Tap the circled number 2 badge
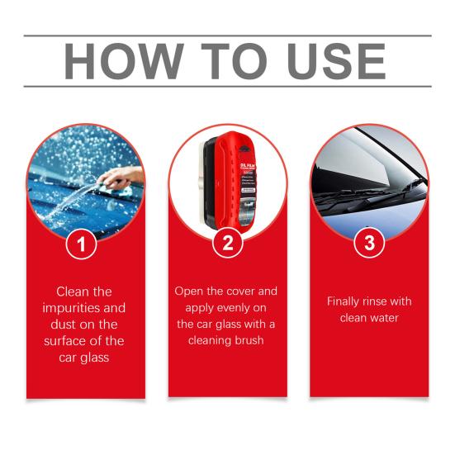point(227,244)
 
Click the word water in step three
point(384,318)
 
